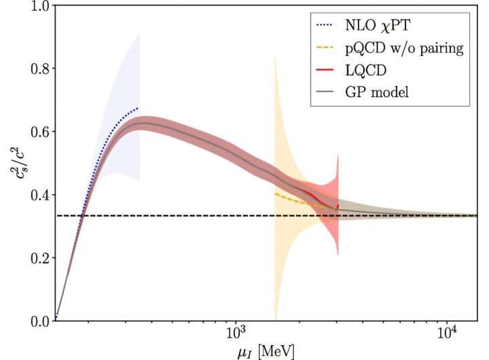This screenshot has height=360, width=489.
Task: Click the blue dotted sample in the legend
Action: click(x=330, y=26)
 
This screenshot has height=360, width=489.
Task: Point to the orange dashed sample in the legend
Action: click(x=330, y=48)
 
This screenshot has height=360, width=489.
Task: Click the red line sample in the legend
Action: click(x=330, y=70)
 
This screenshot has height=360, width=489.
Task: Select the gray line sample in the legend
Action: click(x=330, y=92)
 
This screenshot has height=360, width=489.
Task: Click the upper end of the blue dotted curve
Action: click(x=139, y=108)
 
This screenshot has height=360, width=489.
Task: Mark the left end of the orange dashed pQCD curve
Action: click(x=274, y=194)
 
